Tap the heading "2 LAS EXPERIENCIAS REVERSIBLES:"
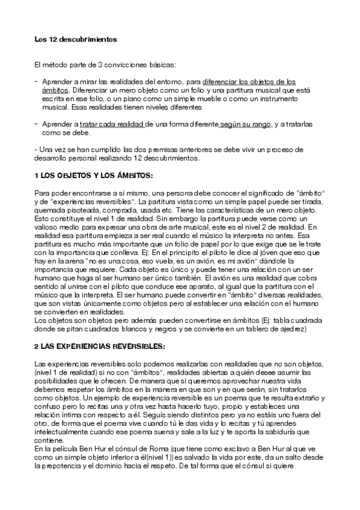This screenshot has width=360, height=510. point(96,346)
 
